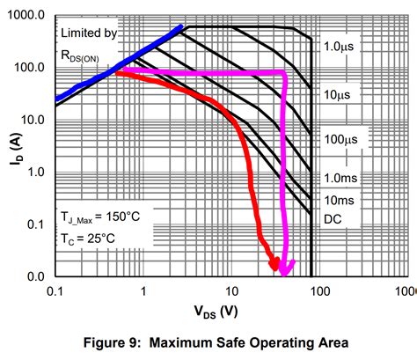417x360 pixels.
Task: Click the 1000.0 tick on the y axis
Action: pyautogui.click(x=27, y=16)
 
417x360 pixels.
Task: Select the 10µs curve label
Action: pyautogui.click(x=335, y=93)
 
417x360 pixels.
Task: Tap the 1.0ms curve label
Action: pyautogui.click(x=338, y=178)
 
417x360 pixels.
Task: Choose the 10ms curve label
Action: pyautogui.click(x=336, y=201)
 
